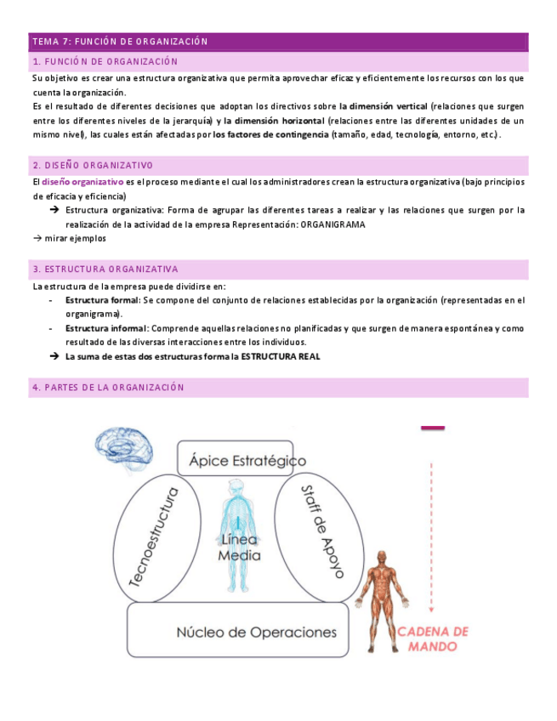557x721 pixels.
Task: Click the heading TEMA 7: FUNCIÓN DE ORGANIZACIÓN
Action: (x=120, y=41)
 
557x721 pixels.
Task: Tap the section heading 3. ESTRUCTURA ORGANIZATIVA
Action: (x=105, y=270)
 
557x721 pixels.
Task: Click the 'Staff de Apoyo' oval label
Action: (x=319, y=531)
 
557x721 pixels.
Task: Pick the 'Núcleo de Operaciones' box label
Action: (x=256, y=632)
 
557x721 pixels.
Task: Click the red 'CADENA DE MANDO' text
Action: (x=434, y=639)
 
